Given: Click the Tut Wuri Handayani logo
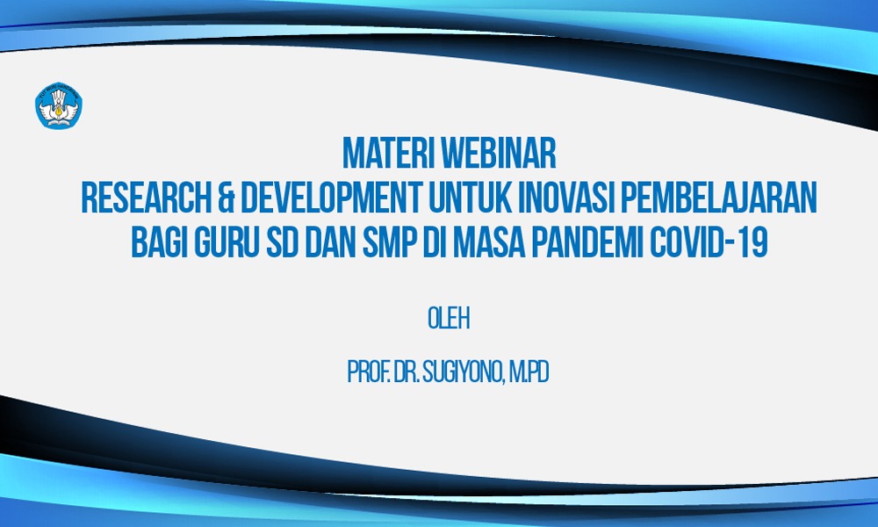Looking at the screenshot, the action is (x=58, y=106).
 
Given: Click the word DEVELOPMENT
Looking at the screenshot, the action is (x=331, y=198).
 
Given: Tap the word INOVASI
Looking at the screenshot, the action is (x=566, y=198).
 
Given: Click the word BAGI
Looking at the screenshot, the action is (x=159, y=242).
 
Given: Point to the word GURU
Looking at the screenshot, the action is (x=227, y=242).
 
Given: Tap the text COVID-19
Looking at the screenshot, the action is (x=709, y=242).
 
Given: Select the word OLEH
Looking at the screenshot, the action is (x=449, y=319).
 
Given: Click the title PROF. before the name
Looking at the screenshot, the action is (x=369, y=372).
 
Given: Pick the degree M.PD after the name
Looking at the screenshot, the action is (x=529, y=372).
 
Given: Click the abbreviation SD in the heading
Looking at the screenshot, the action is (x=282, y=242).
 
